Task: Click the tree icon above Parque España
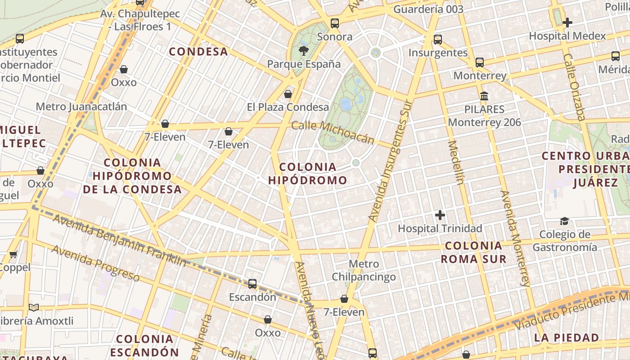coord(304,50)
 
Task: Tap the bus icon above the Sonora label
coord(334,23)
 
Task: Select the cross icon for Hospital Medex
coord(567,22)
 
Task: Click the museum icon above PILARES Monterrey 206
coord(484,96)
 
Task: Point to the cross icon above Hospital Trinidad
coord(440,215)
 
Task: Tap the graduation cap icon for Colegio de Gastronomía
coord(564,221)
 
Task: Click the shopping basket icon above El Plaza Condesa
coord(288,94)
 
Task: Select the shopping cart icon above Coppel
coord(13,254)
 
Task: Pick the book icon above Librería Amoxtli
coord(34,308)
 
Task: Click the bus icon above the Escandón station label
coord(252,284)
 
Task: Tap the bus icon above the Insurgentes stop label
coord(438,40)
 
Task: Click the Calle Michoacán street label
coord(333,132)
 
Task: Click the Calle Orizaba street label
coord(574,87)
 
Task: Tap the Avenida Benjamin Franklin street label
coord(119,240)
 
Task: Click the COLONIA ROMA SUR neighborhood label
coord(473,252)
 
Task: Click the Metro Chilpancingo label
coord(364,270)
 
